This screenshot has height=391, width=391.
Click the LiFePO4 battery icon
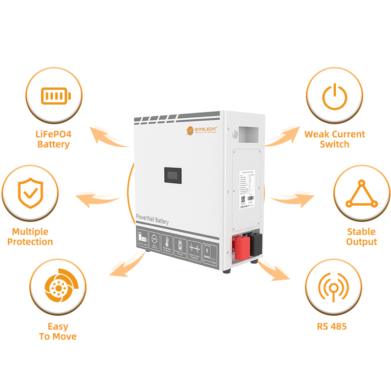(x=55, y=95)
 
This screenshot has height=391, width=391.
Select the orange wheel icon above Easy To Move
(x=58, y=287)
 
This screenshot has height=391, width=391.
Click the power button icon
(x=334, y=96)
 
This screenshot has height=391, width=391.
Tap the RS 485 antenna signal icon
(x=333, y=287)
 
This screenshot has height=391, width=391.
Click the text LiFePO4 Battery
(x=54, y=139)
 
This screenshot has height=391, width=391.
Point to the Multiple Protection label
(x=30, y=237)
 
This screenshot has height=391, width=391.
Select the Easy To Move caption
(x=58, y=331)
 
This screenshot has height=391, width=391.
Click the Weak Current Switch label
(x=335, y=139)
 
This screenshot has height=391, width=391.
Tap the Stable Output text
(x=362, y=237)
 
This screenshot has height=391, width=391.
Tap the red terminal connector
(x=241, y=244)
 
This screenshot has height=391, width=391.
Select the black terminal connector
(x=256, y=243)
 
